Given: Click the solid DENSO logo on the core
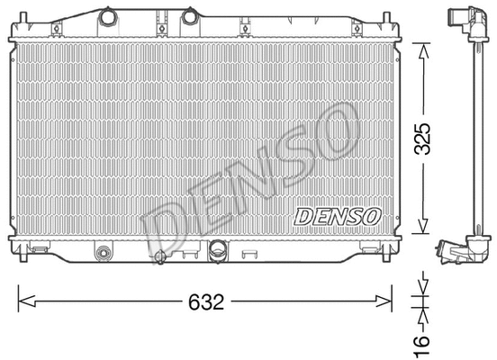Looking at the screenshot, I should pyautogui.click(x=338, y=216).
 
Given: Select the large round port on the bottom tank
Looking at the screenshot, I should pyautogui.click(x=219, y=251).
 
